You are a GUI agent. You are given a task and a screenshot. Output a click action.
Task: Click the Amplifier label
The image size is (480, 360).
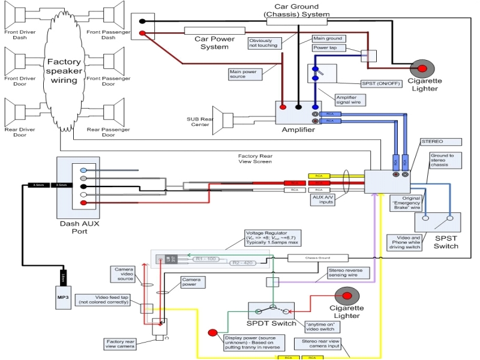(x=299, y=130)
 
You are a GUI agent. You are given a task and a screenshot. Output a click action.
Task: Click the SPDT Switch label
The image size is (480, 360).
(x=272, y=323)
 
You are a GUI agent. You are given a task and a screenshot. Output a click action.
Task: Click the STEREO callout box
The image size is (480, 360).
(x=441, y=142)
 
